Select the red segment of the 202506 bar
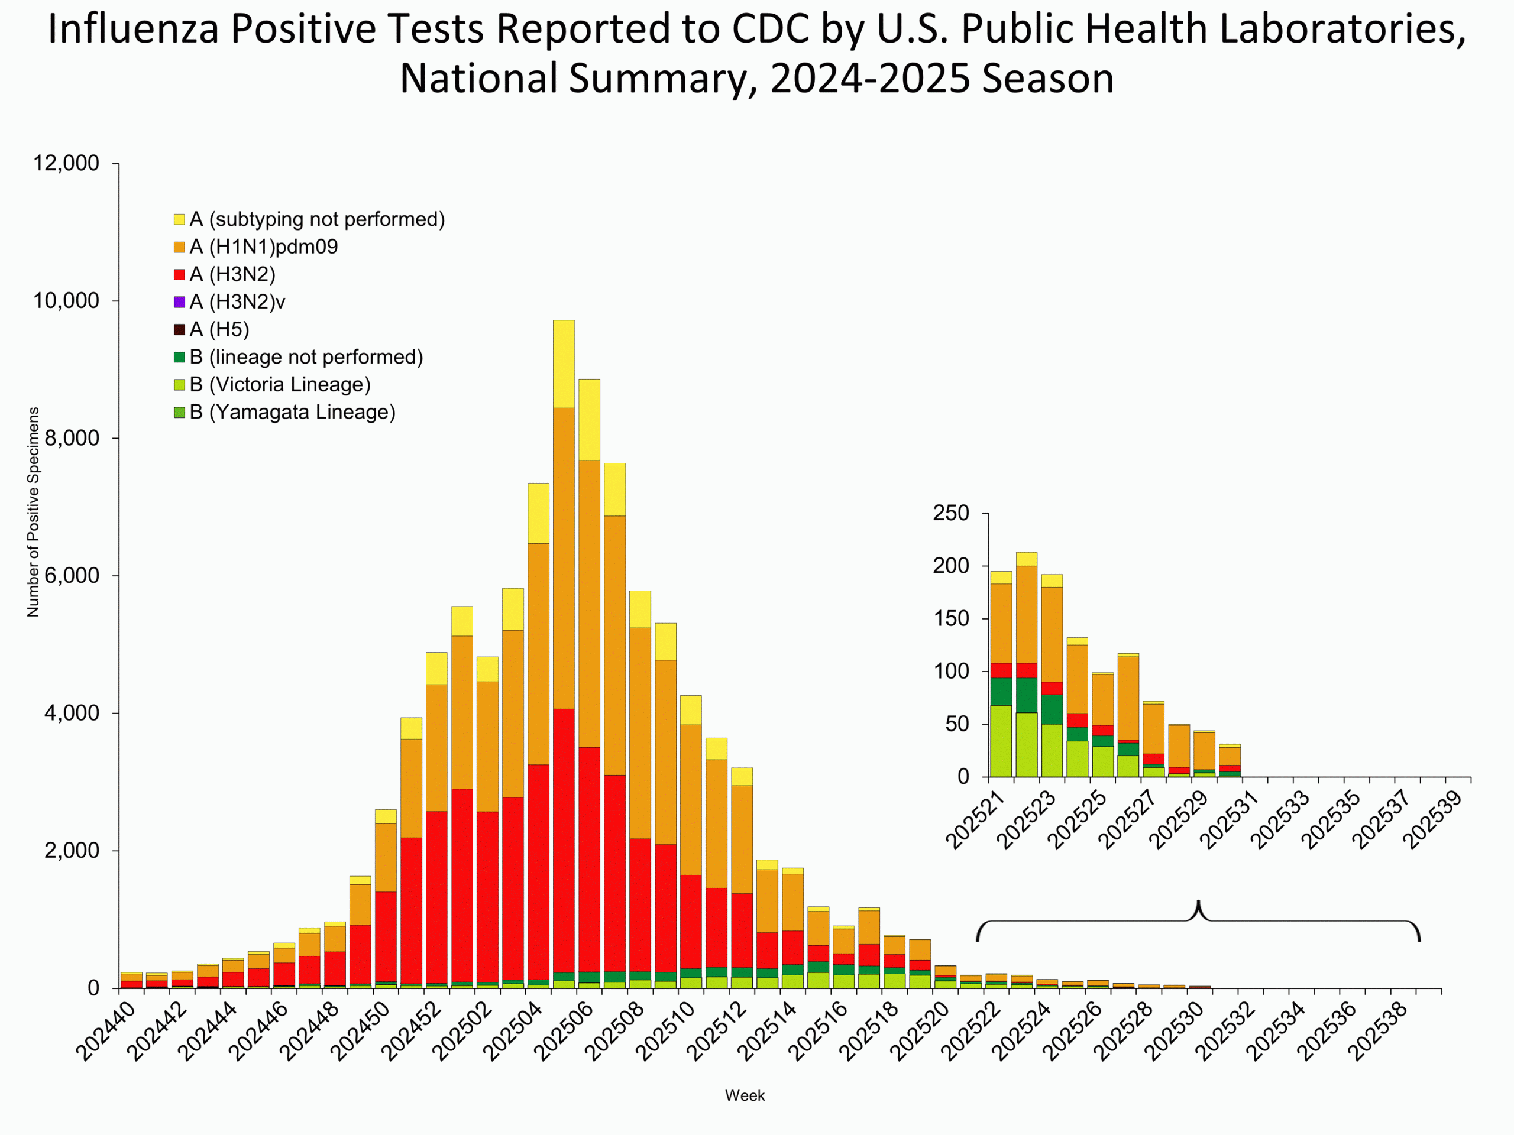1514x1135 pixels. click(x=588, y=858)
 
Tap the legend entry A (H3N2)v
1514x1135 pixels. click(x=237, y=301)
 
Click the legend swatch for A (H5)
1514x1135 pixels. click(x=179, y=330)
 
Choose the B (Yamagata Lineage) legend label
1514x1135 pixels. click(x=292, y=413)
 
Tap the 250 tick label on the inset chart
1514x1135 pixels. click(x=951, y=513)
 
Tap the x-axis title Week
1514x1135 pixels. click(x=745, y=1095)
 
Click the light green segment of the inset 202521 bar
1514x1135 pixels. click(x=1001, y=741)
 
